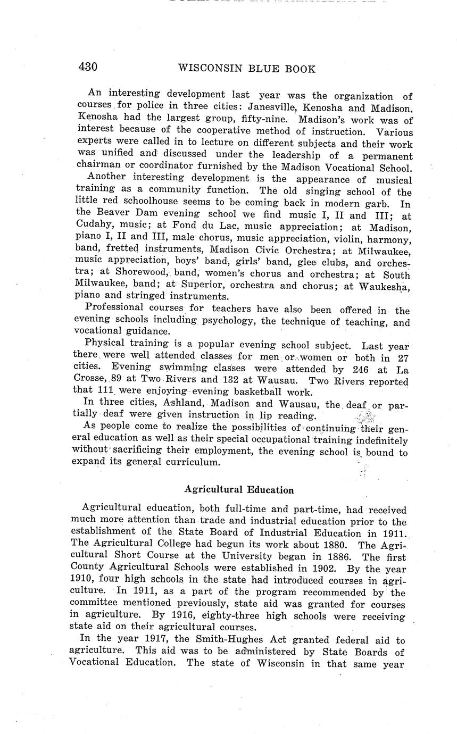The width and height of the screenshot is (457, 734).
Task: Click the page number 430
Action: pos(88,67)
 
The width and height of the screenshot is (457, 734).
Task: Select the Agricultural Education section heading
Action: pos(239,490)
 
